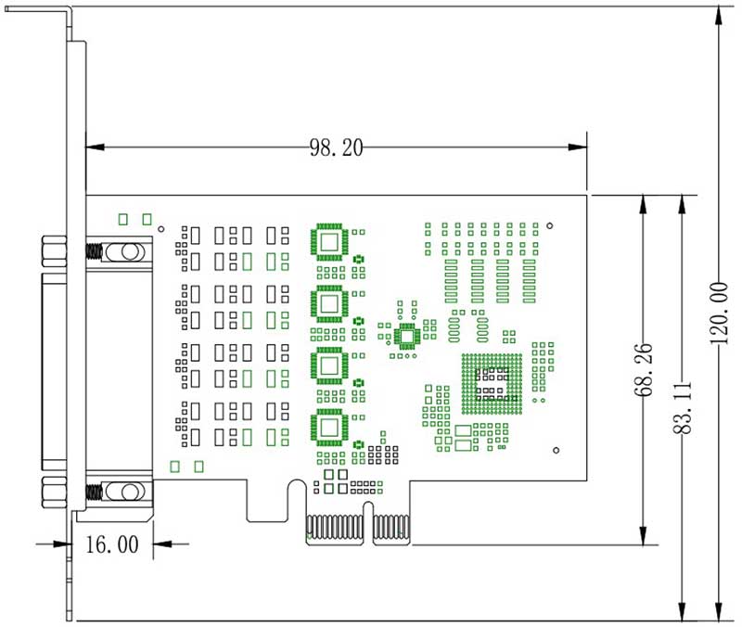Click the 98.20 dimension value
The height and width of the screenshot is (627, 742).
pos(336,147)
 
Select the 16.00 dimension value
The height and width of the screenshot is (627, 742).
pos(111,544)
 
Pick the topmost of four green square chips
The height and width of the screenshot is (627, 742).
pos(329,241)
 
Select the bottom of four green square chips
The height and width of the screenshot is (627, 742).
pos(329,426)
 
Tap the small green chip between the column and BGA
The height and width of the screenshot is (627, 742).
pos(406,336)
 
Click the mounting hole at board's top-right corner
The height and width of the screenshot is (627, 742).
pos(550,224)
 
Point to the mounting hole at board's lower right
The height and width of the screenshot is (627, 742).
pos(556,450)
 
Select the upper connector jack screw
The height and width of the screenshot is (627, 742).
pos(119,251)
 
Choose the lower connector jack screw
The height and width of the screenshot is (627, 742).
pos(119,491)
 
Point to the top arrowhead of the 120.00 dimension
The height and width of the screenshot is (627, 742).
pos(718,13)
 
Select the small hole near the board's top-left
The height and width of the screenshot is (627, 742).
pos(160,227)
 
